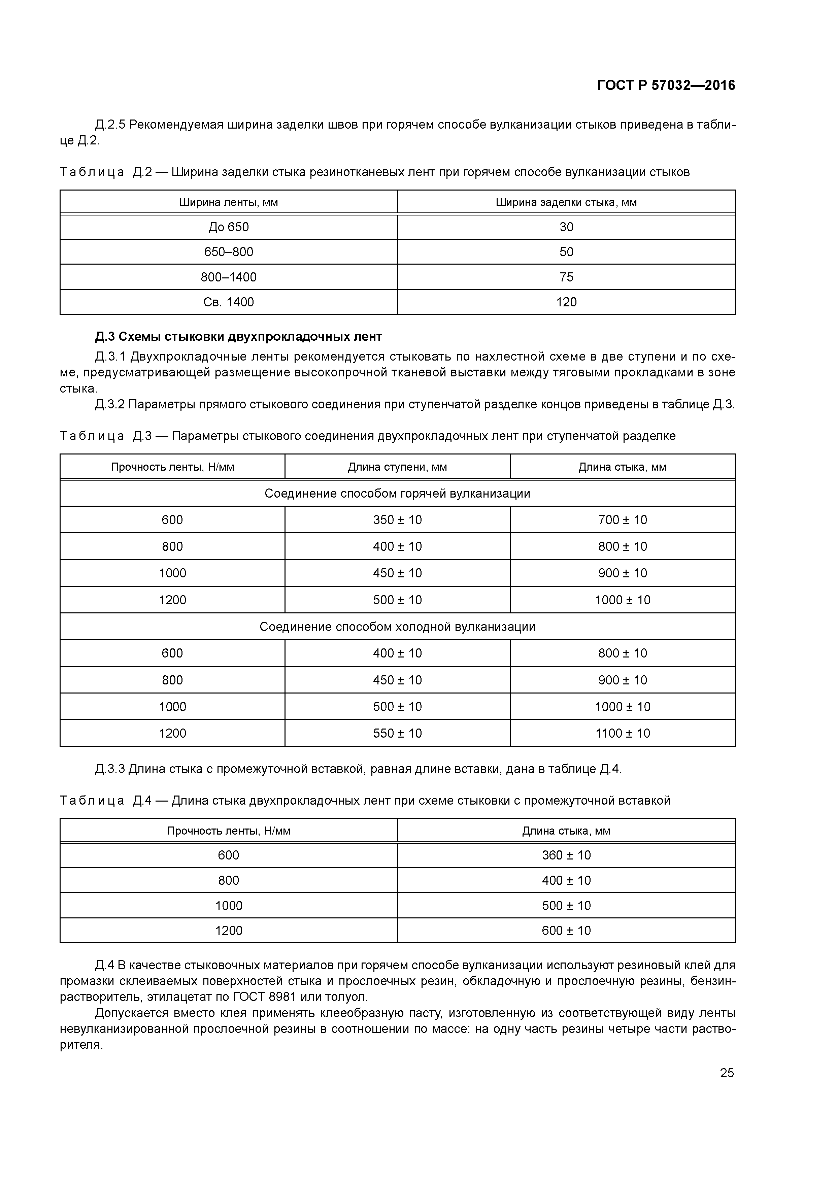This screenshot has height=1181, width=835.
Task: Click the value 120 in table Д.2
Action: (566, 302)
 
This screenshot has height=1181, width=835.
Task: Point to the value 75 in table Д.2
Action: (566, 277)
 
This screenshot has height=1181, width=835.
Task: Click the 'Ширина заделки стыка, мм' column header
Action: (566, 202)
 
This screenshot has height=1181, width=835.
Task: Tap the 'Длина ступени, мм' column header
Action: (397, 467)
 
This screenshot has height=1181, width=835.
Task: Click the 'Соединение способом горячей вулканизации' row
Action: (397, 494)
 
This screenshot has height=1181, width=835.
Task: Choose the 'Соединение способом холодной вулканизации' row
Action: (397, 627)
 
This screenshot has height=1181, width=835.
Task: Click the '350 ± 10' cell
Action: (397, 520)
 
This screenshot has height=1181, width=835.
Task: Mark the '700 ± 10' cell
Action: (623, 520)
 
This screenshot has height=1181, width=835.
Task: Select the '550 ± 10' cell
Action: (397, 734)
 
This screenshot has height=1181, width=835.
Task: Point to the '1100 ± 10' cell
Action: (623, 734)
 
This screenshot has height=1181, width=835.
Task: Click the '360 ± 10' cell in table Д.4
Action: (566, 855)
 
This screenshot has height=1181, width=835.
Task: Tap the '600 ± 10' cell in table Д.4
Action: (566, 931)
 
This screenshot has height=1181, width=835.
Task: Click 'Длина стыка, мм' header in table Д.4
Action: (566, 831)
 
